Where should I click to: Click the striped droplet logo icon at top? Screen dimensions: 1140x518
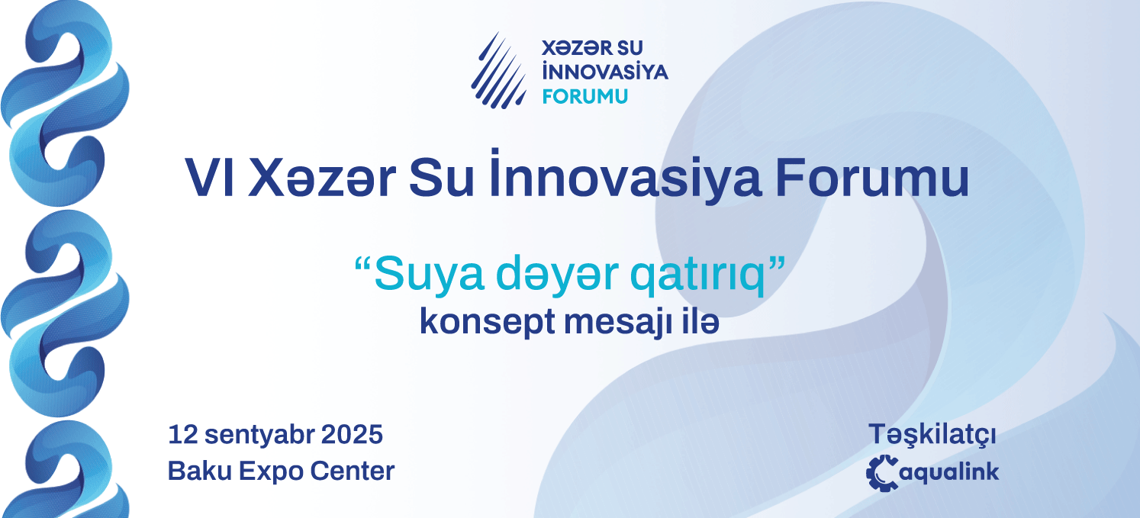coord(499,71)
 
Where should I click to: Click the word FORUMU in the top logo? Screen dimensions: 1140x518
coord(585,96)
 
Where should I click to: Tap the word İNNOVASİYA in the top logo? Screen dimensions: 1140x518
coord(605,71)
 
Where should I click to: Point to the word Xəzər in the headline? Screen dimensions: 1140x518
coord(322,178)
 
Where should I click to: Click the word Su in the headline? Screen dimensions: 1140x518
coord(441,178)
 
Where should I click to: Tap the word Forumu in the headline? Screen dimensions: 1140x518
coord(872,178)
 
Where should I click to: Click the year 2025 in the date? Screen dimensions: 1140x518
coord(352,435)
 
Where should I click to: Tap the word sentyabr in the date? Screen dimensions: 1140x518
coord(259,436)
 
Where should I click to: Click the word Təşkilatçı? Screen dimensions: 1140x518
coord(932,435)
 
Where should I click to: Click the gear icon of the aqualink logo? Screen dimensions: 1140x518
coord(882,473)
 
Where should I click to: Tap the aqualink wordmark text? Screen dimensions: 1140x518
coord(949,472)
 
